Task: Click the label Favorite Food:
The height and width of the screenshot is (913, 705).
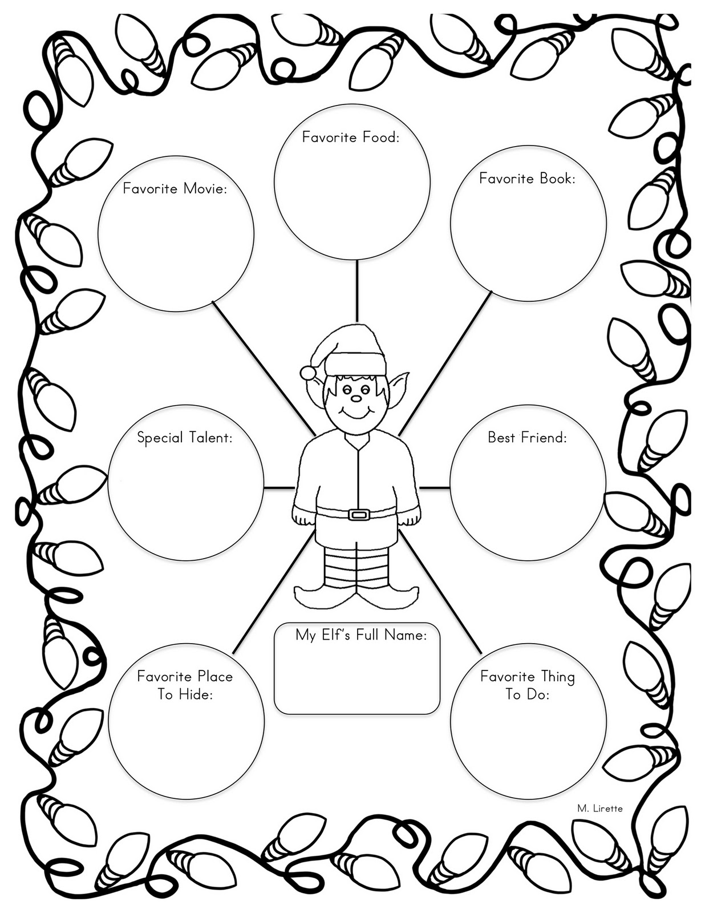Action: coord(350,137)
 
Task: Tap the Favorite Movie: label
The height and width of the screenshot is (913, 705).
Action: coord(175,188)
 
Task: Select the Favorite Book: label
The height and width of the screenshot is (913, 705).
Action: coord(527,179)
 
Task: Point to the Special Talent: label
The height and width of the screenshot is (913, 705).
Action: coord(185,438)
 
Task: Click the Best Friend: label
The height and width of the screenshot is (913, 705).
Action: coord(527,438)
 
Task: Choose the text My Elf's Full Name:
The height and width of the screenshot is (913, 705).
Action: coord(361,635)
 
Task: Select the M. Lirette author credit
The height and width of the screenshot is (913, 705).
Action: coord(599,808)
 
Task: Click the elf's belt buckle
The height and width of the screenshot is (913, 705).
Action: coord(358,515)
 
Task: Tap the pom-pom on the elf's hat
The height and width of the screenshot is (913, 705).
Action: coord(309,373)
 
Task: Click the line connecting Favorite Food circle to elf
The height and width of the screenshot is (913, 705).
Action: coord(357,291)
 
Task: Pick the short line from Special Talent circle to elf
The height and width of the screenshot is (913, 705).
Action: coord(279,487)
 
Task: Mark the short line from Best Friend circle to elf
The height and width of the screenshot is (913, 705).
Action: coord(435,487)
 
